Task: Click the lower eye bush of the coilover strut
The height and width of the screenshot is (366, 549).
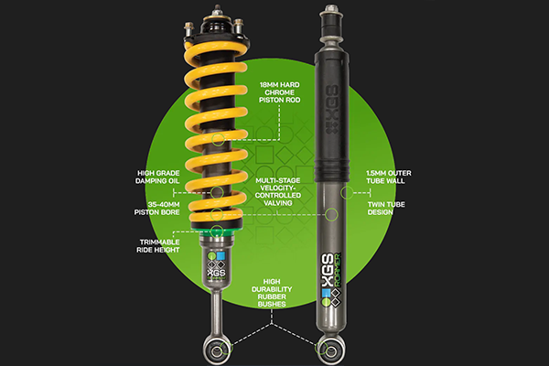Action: [x=211, y=348]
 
